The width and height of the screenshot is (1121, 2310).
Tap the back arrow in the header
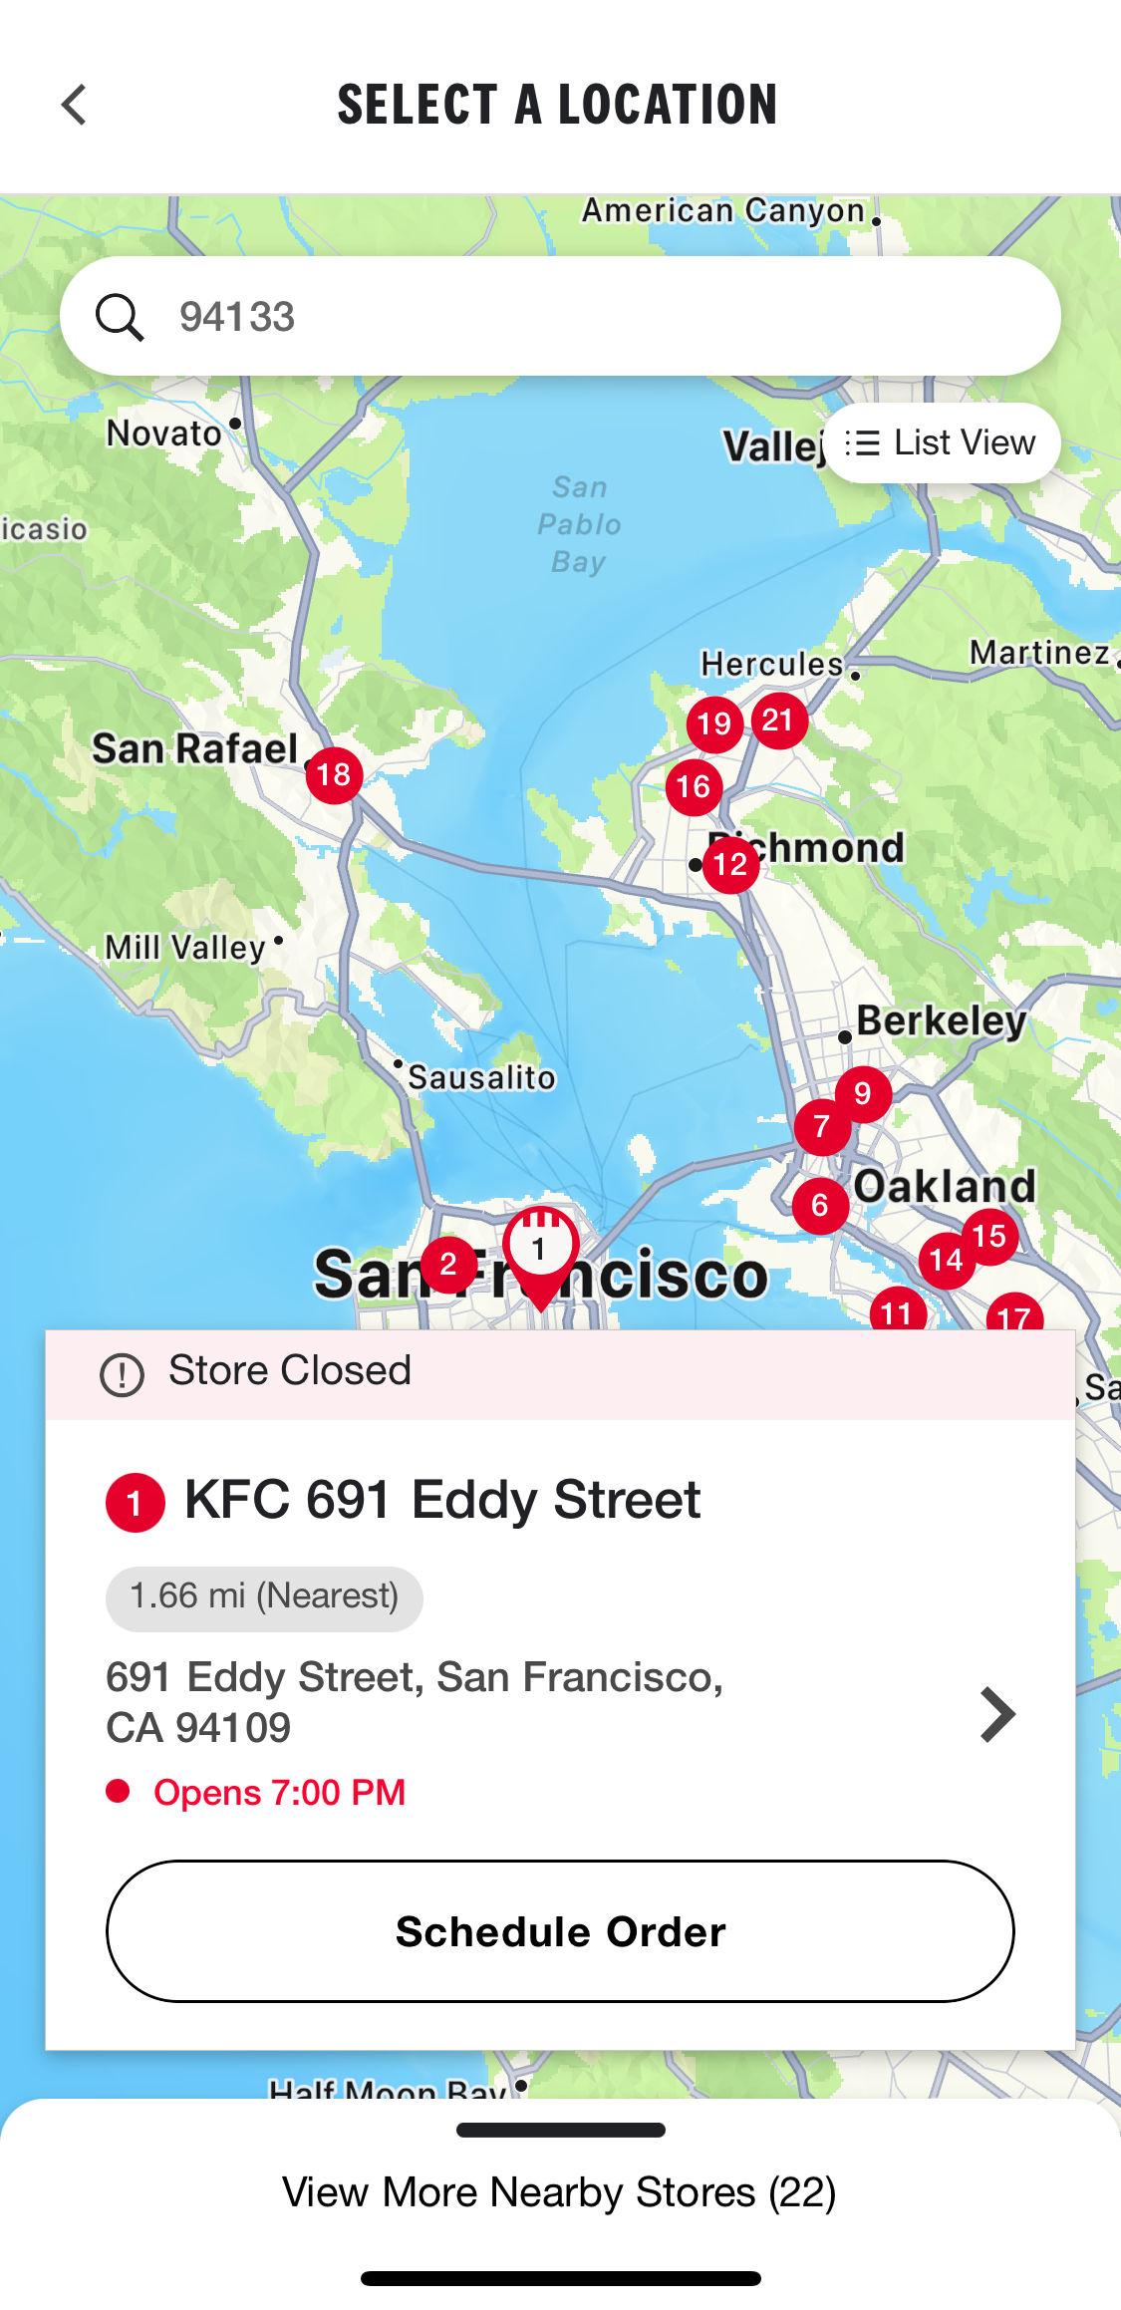[x=74, y=105]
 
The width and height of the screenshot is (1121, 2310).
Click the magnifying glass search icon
[x=120, y=317]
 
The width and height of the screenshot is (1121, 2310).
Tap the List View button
[x=941, y=442]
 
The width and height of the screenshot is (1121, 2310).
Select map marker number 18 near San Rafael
[x=334, y=775]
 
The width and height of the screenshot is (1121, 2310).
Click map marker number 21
[x=779, y=721]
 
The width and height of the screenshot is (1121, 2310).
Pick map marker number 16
[x=694, y=787]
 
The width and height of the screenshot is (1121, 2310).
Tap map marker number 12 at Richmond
[x=730, y=864]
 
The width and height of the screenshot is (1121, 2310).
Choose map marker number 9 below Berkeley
[x=863, y=1093]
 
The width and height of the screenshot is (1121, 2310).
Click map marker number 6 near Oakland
[x=820, y=1205]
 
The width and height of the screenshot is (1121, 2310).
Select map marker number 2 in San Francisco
[x=448, y=1265]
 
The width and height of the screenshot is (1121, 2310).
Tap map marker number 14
[x=946, y=1261]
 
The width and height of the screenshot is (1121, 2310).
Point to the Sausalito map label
[x=481, y=1077]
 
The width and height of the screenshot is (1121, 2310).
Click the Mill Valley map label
[x=186, y=947]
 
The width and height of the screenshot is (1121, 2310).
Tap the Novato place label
[x=164, y=433]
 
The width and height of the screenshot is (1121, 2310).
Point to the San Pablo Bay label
[x=579, y=524]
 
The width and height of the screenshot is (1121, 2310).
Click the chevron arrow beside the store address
[x=996, y=1714]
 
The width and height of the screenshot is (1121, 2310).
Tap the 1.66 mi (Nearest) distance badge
[x=264, y=1596]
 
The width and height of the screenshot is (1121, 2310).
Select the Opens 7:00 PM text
[x=279, y=1792]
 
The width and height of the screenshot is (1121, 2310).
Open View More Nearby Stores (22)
[x=560, y=2191]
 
